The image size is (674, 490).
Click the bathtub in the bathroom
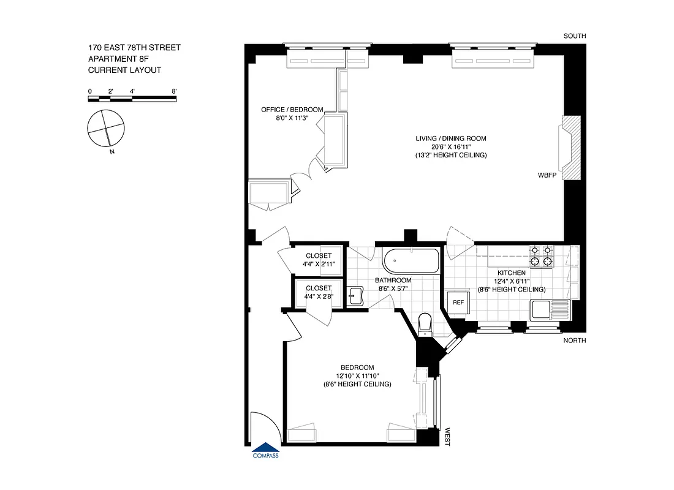tap(411, 261)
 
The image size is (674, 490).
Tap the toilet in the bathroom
tap(424, 323)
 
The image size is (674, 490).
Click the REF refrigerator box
tap(458, 303)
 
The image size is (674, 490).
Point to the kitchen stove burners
tap(540, 256)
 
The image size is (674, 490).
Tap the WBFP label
tap(547, 175)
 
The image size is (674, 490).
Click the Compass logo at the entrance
tap(265, 451)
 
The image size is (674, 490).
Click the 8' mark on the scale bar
tap(175, 91)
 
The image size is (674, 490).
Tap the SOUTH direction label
tap(575, 36)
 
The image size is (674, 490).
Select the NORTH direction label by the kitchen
tap(575, 341)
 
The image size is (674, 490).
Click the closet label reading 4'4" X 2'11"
tap(317, 264)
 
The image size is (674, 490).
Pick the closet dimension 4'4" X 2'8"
tap(317, 296)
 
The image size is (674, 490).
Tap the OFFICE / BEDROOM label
tap(292, 110)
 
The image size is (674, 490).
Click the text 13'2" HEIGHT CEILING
tap(450, 156)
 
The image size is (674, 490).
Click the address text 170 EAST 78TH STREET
tap(134, 47)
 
